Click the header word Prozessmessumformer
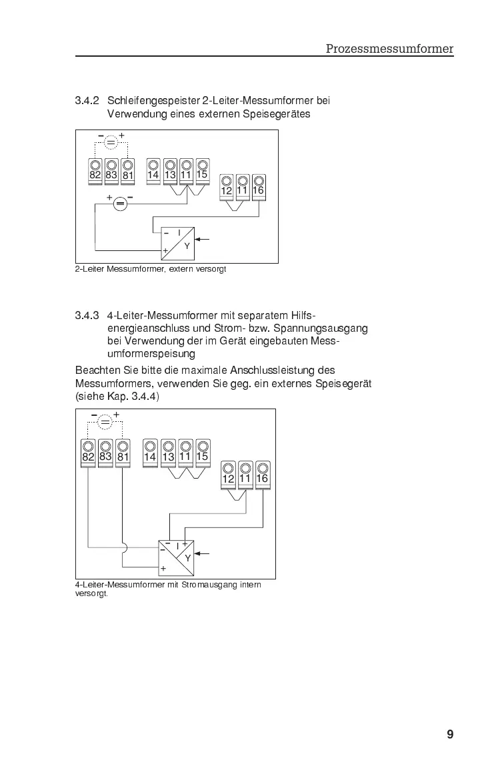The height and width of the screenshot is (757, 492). [x=389, y=49]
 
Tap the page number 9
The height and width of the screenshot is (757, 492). [x=450, y=735]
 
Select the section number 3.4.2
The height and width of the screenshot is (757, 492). [x=87, y=101]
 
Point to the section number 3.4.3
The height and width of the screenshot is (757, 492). [x=87, y=315]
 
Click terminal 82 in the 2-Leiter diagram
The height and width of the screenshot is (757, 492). [x=95, y=170]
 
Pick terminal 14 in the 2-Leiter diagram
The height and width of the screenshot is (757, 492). [x=153, y=170]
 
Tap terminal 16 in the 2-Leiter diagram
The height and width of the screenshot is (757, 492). [x=259, y=186]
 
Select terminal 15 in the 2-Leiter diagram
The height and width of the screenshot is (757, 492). [x=202, y=170]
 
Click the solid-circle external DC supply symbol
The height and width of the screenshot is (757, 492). [x=120, y=204]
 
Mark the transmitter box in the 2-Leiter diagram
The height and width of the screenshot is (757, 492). [x=177, y=243]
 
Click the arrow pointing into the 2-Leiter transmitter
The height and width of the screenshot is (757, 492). [x=204, y=238]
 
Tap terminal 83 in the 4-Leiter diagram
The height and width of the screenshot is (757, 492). [x=105, y=452]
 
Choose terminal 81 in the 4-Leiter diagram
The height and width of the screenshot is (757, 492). [x=123, y=452]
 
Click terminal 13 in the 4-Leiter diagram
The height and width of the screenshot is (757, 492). [x=168, y=452]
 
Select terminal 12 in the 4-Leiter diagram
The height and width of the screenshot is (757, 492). [x=228, y=473]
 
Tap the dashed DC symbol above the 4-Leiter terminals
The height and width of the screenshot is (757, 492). [x=105, y=422]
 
